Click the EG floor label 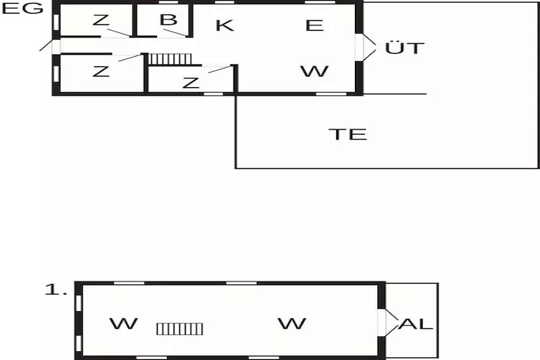(22, 9)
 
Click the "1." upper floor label (56, 290)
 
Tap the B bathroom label (168, 19)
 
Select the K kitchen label (225, 25)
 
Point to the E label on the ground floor (314, 25)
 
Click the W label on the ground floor (314, 71)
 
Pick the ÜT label (405, 49)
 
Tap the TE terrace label (348, 134)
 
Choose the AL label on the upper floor (416, 324)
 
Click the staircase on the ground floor (171, 58)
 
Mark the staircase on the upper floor (180, 328)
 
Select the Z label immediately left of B (101, 19)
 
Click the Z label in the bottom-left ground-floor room (101, 71)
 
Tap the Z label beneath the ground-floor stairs (190, 83)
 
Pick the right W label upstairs (292, 324)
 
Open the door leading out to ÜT (359, 48)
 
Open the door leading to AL (382, 323)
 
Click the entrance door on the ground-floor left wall (56, 45)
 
